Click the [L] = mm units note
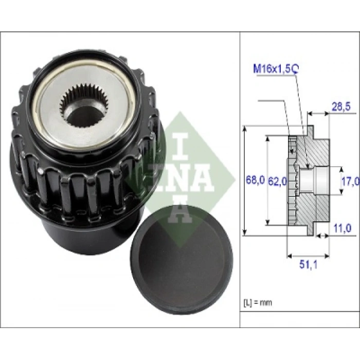257,302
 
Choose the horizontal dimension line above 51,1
307,255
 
